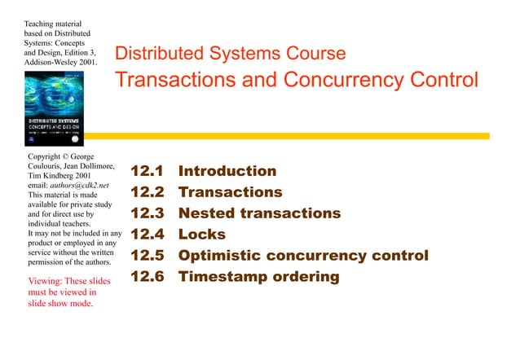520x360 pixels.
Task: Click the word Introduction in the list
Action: (227, 171)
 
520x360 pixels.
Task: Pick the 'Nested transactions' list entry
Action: (259, 213)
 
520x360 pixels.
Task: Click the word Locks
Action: (202, 235)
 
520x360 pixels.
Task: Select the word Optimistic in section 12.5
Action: (219, 256)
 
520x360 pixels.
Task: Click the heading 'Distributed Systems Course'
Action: (230, 54)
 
